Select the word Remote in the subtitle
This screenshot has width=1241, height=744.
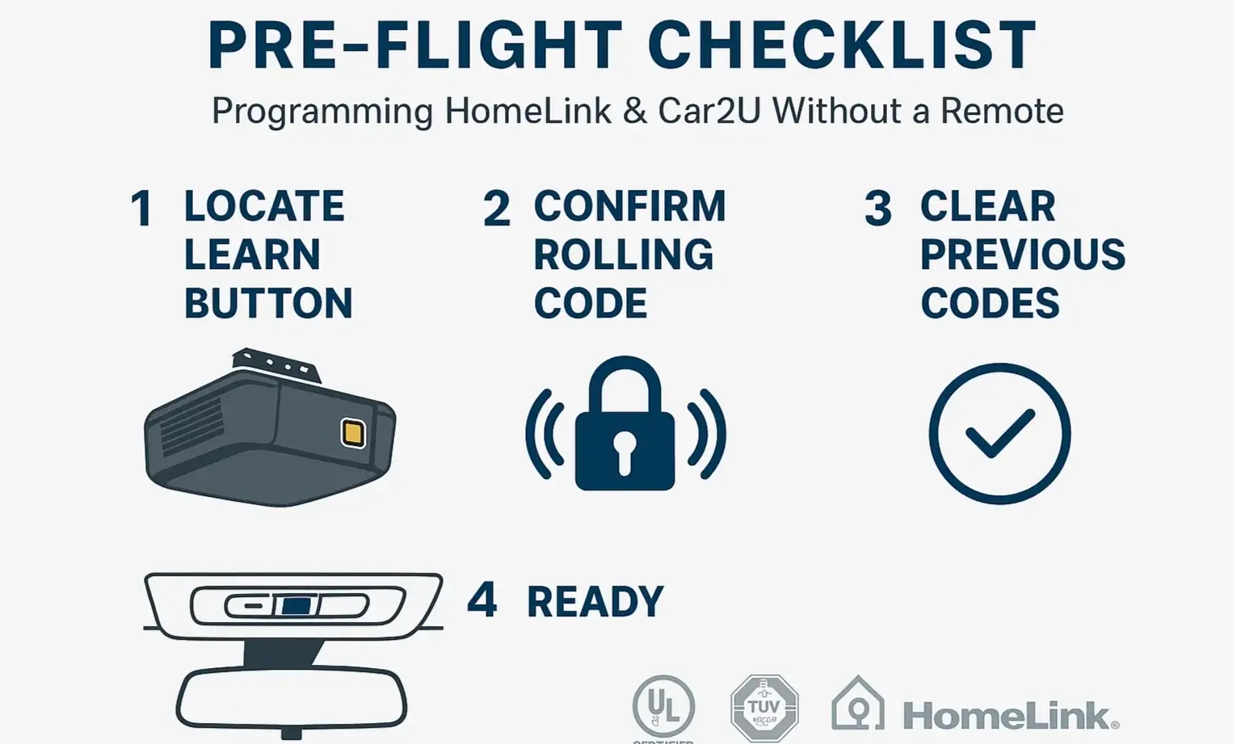pos(1002,111)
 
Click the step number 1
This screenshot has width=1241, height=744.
pos(142,208)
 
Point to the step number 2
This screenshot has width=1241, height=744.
pos(497,208)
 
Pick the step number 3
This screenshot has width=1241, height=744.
pos(878,208)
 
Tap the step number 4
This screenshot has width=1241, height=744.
pos(482,600)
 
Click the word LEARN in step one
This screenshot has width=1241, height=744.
pos(252,255)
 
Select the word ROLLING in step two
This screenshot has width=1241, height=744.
pos(624,255)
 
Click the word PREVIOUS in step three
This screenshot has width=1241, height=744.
pos(1023,255)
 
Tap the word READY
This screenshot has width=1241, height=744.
pos(595,602)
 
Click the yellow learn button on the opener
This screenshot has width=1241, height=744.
pos(353,433)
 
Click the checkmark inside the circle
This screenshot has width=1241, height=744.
pos(1000,433)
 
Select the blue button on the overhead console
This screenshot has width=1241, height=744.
pos(297,605)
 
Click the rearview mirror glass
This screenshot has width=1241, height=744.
pos(292,697)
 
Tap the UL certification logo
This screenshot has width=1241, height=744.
pos(663,706)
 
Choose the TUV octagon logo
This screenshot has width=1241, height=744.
pos(764,708)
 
